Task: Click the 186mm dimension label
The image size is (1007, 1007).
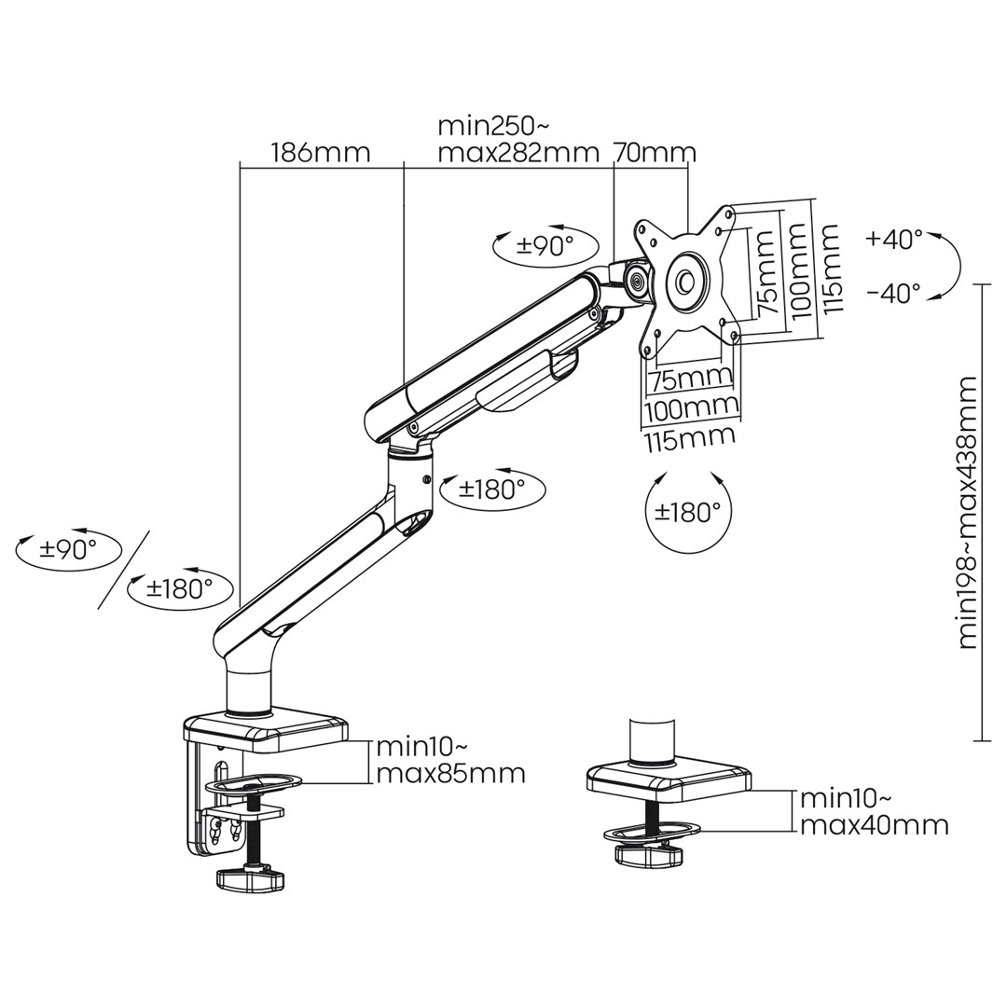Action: tap(320, 152)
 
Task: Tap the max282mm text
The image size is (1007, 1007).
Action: tap(517, 153)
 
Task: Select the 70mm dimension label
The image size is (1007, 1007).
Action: tap(655, 152)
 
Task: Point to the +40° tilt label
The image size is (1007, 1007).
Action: tap(893, 239)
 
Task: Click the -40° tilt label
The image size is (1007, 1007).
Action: tap(893, 293)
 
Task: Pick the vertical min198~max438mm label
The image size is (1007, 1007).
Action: tap(968, 512)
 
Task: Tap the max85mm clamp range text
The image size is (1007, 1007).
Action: tap(450, 774)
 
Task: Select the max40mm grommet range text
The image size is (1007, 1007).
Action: tap(874, 824)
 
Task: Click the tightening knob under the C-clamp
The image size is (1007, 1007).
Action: tap(249, 878)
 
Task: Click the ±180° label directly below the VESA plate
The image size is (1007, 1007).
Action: tap(687, 512)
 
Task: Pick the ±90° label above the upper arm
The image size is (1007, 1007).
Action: tap(545, 245)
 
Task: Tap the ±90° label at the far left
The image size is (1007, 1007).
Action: tap(68, 549)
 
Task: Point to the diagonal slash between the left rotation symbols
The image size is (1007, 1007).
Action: tap(124, 569)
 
